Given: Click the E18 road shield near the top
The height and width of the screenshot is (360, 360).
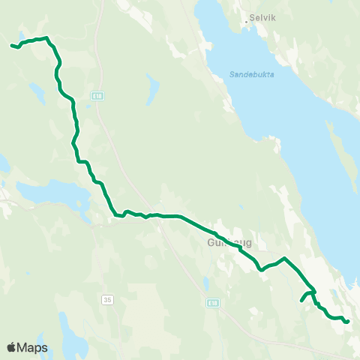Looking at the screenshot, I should pyautogui.click(x=97, y=95).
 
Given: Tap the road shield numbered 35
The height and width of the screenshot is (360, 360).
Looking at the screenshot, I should pyautogui.click(x=107, y=299).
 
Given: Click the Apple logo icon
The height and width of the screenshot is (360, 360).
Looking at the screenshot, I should pyautogui.click(x=12, y=348).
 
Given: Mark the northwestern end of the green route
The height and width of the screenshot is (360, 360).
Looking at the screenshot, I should pyautogui.click(x=12, y=46).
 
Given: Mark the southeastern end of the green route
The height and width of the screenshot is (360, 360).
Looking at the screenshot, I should pyautogui.click(x=347, y=322).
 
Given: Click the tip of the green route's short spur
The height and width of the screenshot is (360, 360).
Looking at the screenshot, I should pyautogui.click(x=302, y=301).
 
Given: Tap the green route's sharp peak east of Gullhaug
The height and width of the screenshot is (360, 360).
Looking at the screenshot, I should pyautogui.click(x=284, y=259).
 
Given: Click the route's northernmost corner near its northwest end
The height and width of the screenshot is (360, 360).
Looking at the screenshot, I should pyautogui.click(x=46, y=37).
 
